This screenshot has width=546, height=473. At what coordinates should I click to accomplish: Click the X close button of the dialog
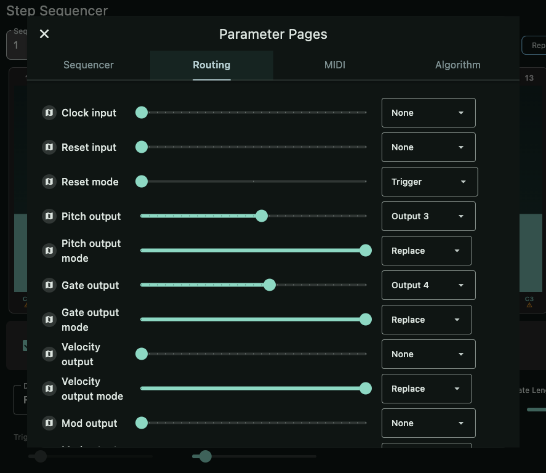[44, 34]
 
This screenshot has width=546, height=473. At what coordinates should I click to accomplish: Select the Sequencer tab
[89, 65]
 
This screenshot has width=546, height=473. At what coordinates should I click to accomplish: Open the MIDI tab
[335, 65]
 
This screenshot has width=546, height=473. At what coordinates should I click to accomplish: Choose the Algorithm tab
[457, 65]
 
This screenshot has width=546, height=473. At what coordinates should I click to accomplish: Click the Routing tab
[212, 65]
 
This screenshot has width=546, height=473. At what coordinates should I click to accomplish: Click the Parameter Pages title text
[273, 34]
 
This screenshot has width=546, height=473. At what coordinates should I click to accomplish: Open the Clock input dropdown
[428, 113]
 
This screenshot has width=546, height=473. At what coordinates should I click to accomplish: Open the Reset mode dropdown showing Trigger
[429, 182]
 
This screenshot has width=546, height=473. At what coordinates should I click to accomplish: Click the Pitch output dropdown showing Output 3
[428, 216]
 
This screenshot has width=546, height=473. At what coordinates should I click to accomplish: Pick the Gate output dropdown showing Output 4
[428, 285]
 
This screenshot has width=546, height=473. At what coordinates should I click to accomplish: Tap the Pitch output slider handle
[262, 216]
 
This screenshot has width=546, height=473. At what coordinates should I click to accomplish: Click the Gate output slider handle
[269, 285]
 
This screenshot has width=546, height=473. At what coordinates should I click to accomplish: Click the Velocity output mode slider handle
[366, 389]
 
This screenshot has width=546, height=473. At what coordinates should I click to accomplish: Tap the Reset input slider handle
[142, 147]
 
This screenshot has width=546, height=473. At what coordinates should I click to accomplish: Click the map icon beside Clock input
[49, 113]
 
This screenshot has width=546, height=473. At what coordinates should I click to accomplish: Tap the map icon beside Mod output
[49, 423]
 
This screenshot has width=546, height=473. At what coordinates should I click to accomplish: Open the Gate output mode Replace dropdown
[427, 320]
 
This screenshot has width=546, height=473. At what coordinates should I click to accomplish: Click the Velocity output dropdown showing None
[428, 354]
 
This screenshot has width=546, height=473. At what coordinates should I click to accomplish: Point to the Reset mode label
[90, 182]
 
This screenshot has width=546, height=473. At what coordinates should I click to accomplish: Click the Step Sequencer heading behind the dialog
[57, 10]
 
